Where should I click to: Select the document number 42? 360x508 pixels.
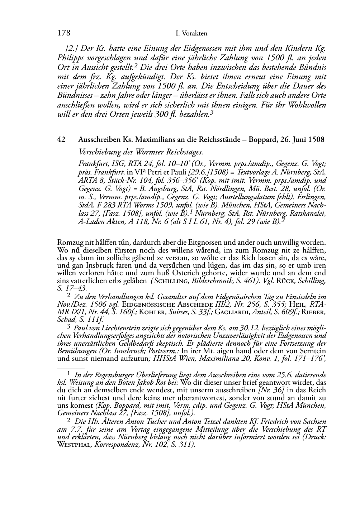pos(61,140)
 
